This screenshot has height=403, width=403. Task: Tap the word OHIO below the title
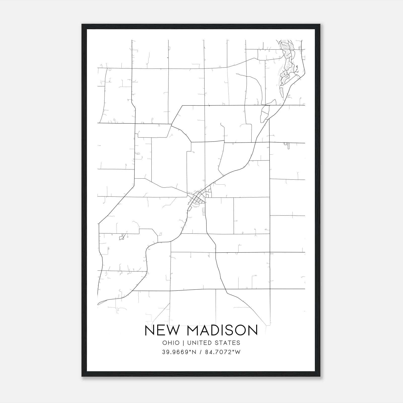click(171, 343)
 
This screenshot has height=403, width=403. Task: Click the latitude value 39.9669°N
click(179, 352)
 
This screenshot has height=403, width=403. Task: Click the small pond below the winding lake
click(264, 113)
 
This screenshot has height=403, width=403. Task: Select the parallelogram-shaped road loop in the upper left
click(153, 131)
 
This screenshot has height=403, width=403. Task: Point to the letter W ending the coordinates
click(238, 352)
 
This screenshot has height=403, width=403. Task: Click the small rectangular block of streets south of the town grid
click(204, 212)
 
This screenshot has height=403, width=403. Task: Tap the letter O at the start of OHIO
click(165, 343)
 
